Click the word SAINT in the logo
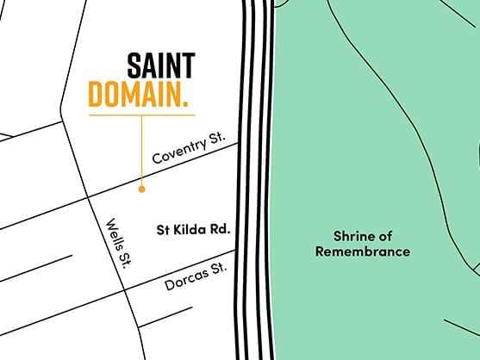(x=160, y=65)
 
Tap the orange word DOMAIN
(x=134, y=95)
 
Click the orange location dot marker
(x=141, y=185)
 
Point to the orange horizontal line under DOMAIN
(x=141, y=115)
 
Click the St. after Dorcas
(x=219, y=268)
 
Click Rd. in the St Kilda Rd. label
(x=221, y=230)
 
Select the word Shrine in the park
(x=351, y=235)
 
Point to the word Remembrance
(x=362, y=251)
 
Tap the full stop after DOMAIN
(x=186, y=104)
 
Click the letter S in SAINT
(x=135, y=65)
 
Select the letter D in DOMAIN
(x=96, y=95)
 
